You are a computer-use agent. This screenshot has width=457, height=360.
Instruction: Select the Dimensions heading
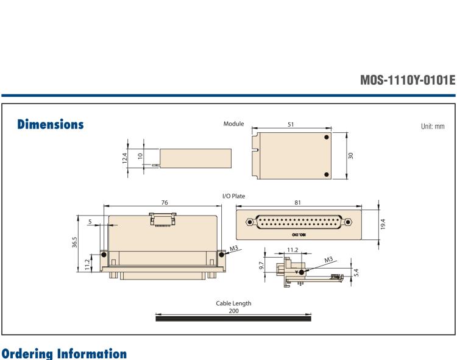coord(51,124)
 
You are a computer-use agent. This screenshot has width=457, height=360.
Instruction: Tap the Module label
coord(234,124)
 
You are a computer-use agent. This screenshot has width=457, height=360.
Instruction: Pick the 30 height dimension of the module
coord(351,156)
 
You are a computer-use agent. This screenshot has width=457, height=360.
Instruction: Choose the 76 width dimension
coord(165,202)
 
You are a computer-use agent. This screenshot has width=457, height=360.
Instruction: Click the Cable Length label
coord(233,303)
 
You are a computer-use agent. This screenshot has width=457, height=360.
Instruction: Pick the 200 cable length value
coord(233,311)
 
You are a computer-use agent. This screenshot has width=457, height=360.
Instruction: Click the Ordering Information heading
coord(63,354)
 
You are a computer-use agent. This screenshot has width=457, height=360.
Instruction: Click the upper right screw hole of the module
coord(327,138)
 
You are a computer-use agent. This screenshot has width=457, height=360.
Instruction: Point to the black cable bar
coord(233,317)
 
